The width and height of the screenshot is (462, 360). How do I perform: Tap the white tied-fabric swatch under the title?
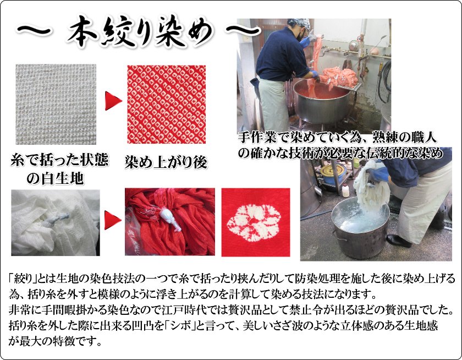tap(56, 100)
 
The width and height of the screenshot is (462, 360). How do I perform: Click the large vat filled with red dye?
tap(323, 105)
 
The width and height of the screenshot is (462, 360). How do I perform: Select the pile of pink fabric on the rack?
tap(341, 77)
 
